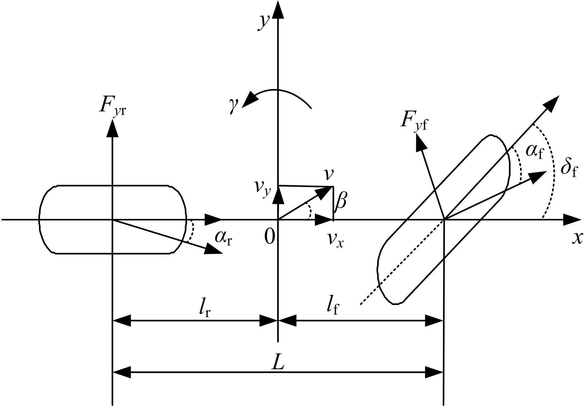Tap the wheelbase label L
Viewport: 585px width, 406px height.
coord(278,363)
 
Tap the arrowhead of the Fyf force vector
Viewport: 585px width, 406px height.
coord(420,143)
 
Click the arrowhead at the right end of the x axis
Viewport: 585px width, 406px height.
coord(572,220)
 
